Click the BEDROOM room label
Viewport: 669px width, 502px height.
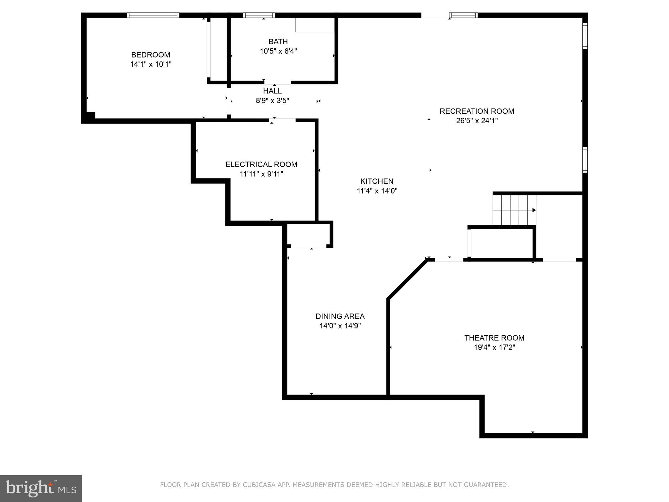(x=151, y=55)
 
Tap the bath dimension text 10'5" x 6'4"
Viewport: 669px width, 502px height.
(x=278, y=51)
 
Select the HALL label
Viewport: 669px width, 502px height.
(x=272, y=91)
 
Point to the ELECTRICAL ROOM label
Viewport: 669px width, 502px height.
(x=261, y=164)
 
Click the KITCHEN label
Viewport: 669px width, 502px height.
(x=377, y=181)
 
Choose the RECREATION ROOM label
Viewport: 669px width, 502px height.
(x=477, y=111)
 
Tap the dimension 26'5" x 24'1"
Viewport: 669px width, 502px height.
(x=477, y=121)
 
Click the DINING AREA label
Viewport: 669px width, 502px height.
(x=340, y=316)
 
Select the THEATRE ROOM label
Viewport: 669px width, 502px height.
(x=494, y=338)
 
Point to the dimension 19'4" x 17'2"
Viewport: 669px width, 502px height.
(x=494, y=347)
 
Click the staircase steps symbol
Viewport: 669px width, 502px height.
(x=514, y=210)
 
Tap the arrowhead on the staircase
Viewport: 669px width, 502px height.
(x=534, y=210)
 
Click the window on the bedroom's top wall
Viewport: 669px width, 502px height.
(x=153, y=15)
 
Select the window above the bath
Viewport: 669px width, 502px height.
(x=259, y=15)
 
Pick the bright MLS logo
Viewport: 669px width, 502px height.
(x=41, y=489)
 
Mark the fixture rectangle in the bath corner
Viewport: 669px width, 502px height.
(x=315, y=25)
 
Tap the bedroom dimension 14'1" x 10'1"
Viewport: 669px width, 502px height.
(x=151, y=64)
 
